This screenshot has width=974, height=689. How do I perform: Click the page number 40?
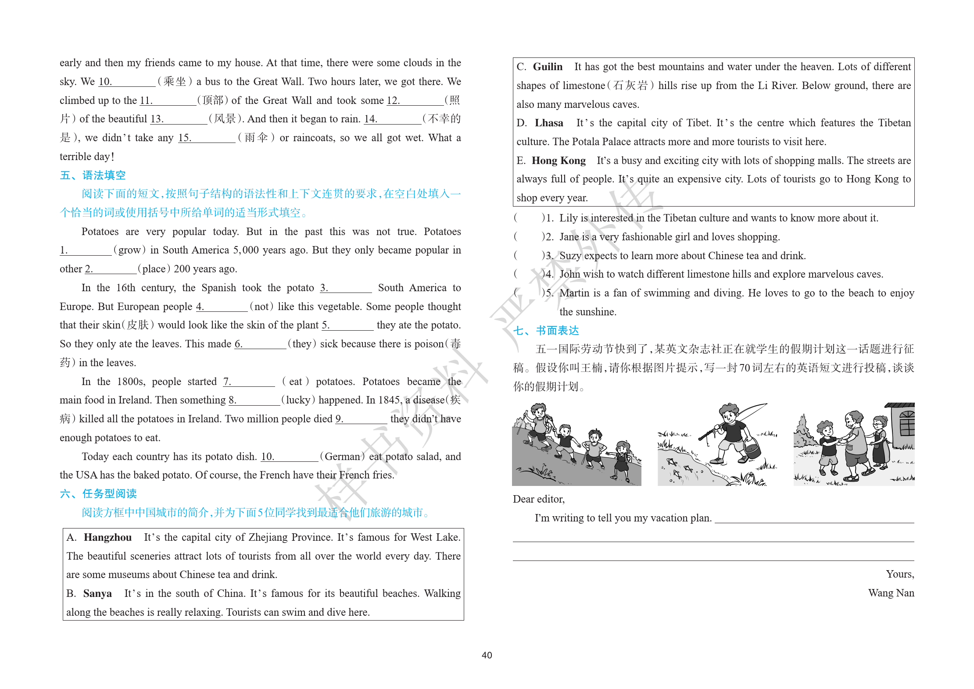coord(487,655)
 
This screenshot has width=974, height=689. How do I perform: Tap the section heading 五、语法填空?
coord(93,175)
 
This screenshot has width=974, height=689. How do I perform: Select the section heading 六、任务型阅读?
coord(98,494)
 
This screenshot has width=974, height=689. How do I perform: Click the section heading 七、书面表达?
coord(546,331)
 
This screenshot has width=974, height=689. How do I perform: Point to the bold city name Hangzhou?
coord(107,537)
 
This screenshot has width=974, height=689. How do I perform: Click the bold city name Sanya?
coord(97,593)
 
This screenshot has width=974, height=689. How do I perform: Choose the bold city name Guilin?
coord(548,67)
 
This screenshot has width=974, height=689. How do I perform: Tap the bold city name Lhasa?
coord(549,123)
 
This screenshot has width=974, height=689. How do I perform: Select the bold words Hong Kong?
coord(559,161)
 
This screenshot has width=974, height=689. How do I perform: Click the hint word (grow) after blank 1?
coord(129,250)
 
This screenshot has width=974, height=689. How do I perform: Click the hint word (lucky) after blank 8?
coord(298,400)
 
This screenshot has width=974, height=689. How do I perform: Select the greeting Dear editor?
coord(538,499)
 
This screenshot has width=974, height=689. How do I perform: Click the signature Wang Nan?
coord(891,593)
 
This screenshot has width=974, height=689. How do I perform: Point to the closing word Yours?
coord(899,574)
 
